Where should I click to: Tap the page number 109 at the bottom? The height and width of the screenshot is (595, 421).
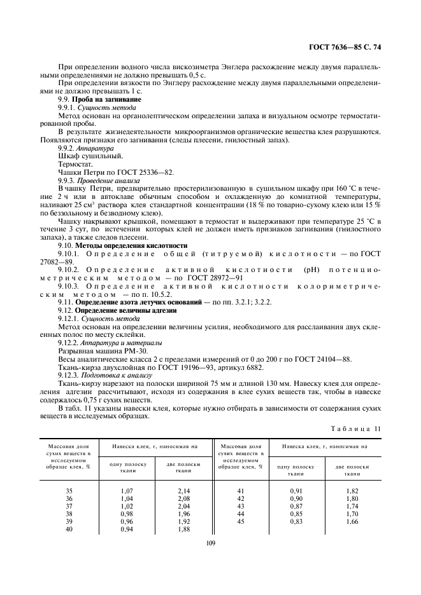point(211,542)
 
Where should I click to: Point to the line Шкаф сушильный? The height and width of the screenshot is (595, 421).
point(82,155)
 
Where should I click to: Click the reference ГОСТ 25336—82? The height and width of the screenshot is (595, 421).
point(146,172)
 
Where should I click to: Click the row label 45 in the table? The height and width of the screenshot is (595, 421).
point(240,521)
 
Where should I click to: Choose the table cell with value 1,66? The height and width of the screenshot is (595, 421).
point(353,521)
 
